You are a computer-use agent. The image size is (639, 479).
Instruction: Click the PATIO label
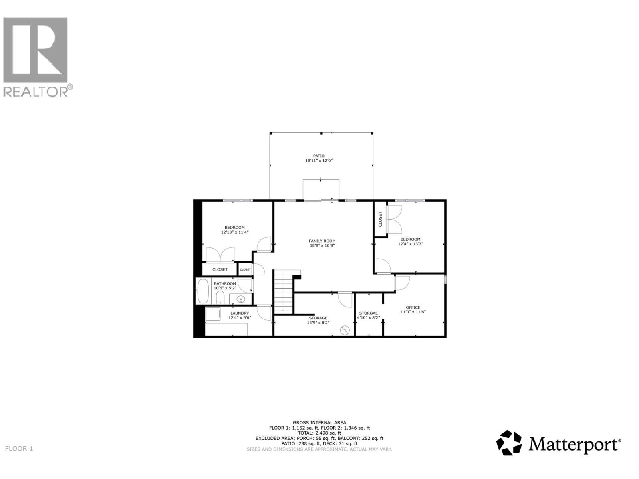coord(318,156)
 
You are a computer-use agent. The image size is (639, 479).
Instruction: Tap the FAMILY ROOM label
coord(322,241)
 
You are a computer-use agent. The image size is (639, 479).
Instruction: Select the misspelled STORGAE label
coord(368,313)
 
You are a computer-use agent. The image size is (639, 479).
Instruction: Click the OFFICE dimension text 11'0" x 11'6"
coord(413,312)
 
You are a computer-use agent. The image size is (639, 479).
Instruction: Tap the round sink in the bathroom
coord(241,299)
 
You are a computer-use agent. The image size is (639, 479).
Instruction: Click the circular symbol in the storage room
coord(345,330)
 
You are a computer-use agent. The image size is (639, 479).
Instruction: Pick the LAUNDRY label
coord(240,313)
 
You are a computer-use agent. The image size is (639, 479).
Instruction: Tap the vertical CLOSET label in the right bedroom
coord(380,219)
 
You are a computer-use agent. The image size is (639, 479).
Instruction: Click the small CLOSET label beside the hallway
coord(245,269)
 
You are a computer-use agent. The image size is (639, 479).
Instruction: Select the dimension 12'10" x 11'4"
coord(235,232)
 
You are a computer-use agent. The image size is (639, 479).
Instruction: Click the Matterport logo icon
coord(509,443)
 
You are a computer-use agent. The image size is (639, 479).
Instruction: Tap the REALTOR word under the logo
coord(35,92)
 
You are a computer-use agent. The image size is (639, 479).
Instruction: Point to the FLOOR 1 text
coord(19,449)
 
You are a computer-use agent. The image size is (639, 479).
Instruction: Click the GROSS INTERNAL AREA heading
coord(319,422)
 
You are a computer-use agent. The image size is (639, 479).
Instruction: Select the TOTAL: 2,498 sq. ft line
coord(319,433)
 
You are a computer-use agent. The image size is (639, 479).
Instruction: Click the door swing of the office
coord(402,283)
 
